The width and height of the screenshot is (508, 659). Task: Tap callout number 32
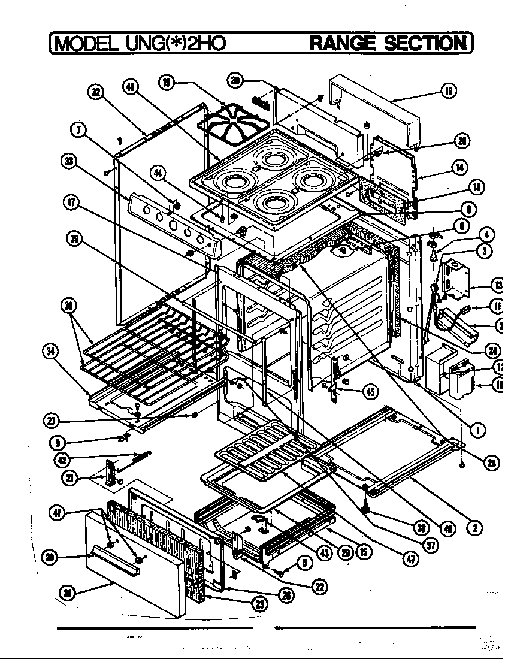click(x=95, y=92)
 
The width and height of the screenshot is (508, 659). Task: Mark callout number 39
click(x=74, y=239)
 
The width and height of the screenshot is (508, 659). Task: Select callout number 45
click(x=370, y=392)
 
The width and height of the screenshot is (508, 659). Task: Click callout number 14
click(x=459, y=167)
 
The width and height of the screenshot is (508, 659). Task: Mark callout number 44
click(x=158, y=173)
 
